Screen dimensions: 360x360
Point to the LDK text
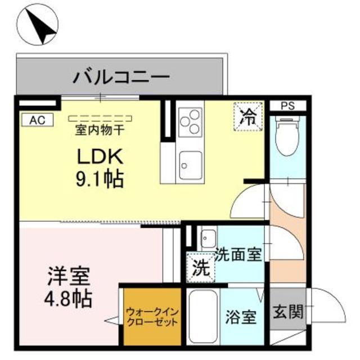point(100,156)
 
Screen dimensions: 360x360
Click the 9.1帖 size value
point(100,179)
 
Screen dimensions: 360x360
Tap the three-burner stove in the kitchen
point(189,120)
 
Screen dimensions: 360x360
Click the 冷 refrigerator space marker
point(247,116)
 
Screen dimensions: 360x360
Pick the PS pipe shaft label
point(287,105)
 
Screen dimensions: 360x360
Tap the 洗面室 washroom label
point(237,254)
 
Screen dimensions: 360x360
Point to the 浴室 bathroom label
point(241,318)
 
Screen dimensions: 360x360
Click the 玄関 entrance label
point(287,311)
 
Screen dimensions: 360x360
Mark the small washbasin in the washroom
point(207,237)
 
